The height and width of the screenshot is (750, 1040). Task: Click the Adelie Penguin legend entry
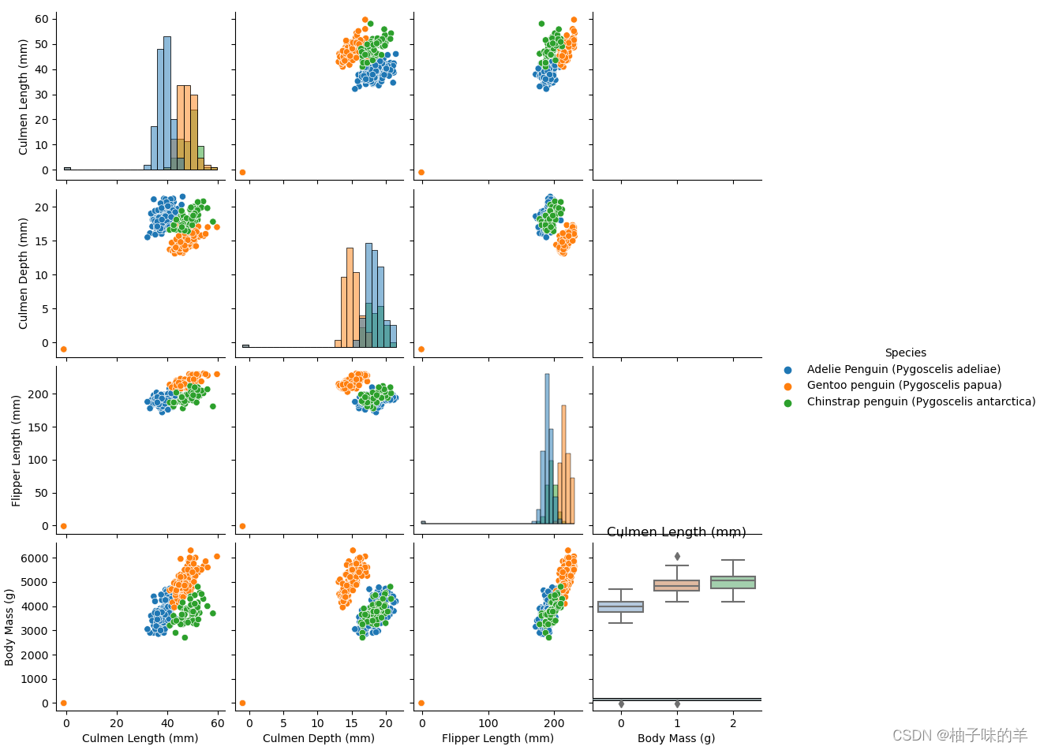tap(903, 369)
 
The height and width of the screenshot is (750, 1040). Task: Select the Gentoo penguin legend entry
tap(903, 386)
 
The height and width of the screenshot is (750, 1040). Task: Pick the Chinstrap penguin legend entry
tap(920, 401)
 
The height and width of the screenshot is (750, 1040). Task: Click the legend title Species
tap(905, 353)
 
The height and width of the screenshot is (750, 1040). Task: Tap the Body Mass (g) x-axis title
tap(676, 738)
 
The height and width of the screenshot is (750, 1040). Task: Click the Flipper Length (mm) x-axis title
tap(498, 738)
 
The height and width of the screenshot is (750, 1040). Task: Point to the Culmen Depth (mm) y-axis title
tap(23, 274)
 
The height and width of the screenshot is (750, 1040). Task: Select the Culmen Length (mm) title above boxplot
tap(676, 532)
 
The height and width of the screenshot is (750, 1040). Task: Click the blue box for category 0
tap(620, 606)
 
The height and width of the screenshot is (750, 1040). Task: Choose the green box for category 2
tap(733, 582)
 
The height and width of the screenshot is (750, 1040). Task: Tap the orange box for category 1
tap(676, 585)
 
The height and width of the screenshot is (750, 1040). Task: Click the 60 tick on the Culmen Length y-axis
tap(42, 19)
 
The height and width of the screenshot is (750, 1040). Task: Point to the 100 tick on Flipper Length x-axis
tap(488, 723)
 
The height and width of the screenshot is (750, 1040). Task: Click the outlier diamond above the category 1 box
tap(677, 556)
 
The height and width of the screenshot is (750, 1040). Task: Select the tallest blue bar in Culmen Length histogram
tap(167, 103)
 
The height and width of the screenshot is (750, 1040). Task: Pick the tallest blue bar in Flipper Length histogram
tap(547, 450)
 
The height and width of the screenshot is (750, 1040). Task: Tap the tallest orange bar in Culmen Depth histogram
tap(350, 298)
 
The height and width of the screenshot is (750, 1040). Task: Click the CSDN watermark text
tap(960, 735)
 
